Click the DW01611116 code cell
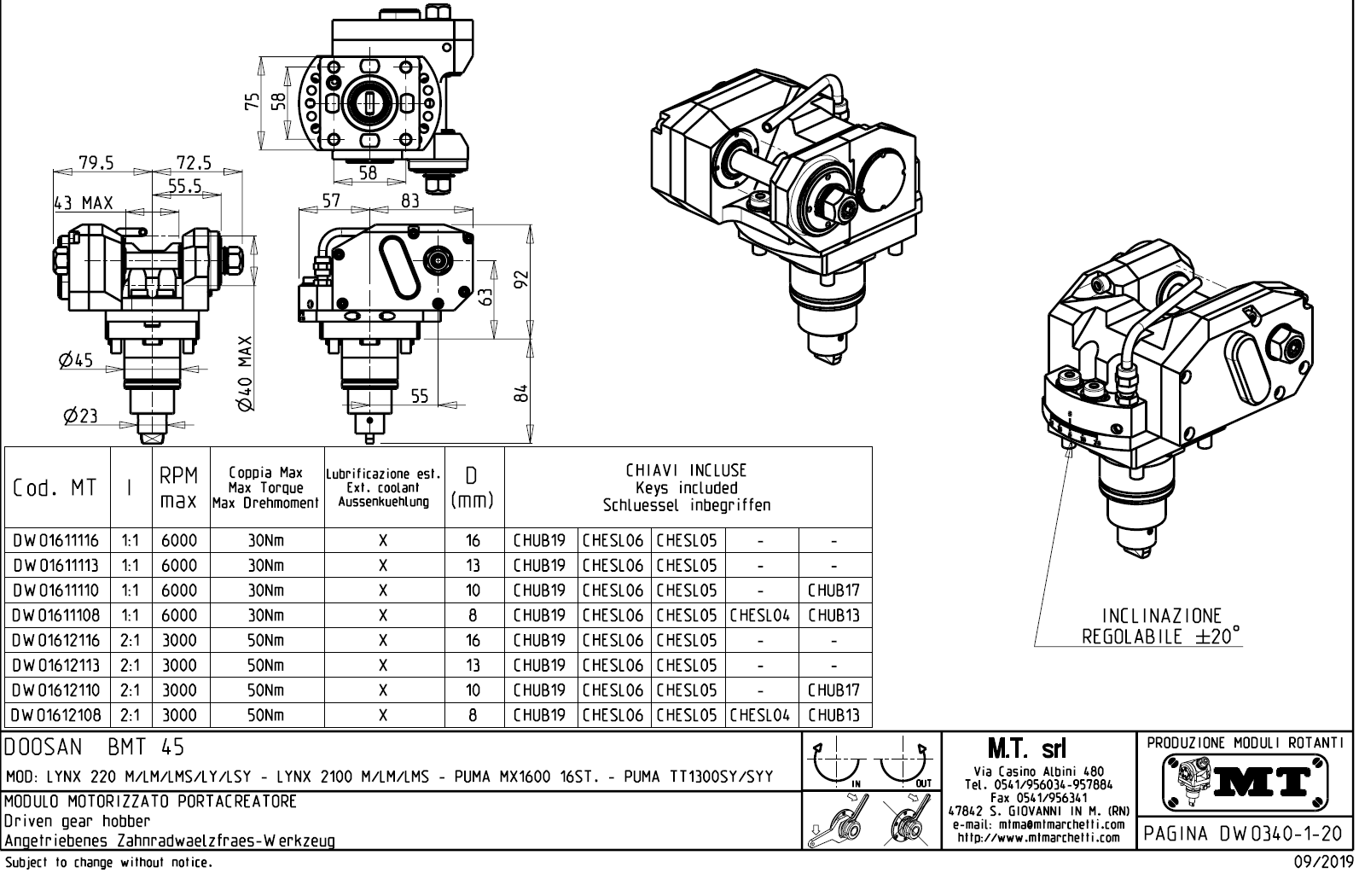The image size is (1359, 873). [x=56, y=540]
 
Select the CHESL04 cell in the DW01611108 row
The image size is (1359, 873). [x=760, y=615]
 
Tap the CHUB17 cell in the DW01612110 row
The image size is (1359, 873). [x=833, y=690]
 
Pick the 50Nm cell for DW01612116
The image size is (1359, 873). [x=266, y=641]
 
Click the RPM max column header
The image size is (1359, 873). [x=179, y=487]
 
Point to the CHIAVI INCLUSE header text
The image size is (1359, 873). [x=687, y=470]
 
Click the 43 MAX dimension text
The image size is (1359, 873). [x=83, y=203]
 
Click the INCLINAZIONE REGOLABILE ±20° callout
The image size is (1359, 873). [x=1161, y=626]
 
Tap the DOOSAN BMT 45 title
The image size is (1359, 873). [x=94, y=748]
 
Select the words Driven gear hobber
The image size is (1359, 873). [x=78, y=821]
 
